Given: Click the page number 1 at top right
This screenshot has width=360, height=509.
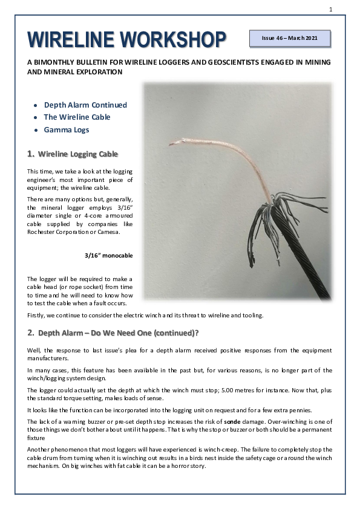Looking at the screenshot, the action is pyautogui.click(x=331, y=8).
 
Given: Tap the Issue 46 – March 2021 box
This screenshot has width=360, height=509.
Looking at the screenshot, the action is pyautogui.click(x=290, y=38).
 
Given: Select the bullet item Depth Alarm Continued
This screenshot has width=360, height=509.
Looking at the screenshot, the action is pyautogui.click(x=85, y=105).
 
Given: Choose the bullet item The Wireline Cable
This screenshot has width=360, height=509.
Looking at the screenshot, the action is pyautogui.click(x=77, y=117).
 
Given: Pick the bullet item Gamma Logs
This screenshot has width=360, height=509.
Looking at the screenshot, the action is pyautogui.click(x=66, y=130).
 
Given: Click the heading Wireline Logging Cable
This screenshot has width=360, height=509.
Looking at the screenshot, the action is pyautogui.click(x=78, y=154).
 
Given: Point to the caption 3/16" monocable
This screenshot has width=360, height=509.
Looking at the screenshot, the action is pyautogui.click(x=109, y=255).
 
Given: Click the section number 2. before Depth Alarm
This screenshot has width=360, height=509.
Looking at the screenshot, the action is pyautogui.click(x=31, y=333).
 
